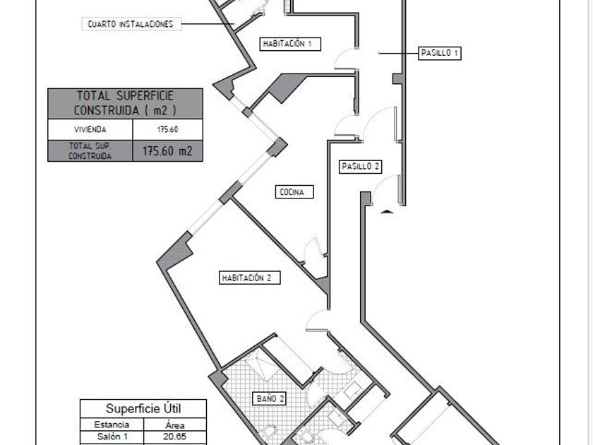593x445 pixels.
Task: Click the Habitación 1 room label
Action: click(290, 44)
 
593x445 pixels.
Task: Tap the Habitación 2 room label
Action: click(250, 278)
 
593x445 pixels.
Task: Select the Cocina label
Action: click(294, 192)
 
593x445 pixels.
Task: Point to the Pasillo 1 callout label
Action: click(439, 53)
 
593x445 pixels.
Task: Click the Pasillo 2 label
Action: click(360, 167)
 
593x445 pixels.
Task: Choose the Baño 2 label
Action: click(271, 398)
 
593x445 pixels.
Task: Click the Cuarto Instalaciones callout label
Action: click(131, 24)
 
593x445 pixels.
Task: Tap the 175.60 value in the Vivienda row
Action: click(167, 129)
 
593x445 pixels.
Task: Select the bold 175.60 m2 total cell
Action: click(167, 151)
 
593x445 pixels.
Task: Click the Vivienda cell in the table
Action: click(90, 129)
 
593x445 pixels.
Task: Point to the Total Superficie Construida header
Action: click(125, 103)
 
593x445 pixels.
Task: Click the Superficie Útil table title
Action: click(143, 409)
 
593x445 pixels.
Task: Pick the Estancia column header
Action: click(112, 425)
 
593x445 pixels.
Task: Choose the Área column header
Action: click(175, 425)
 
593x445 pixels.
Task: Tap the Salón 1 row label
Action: click(112, 437)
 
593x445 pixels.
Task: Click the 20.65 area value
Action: click(175, 437)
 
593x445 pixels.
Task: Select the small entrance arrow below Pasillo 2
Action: click(387, 211)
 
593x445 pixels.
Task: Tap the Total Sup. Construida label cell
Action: click(90, 151)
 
